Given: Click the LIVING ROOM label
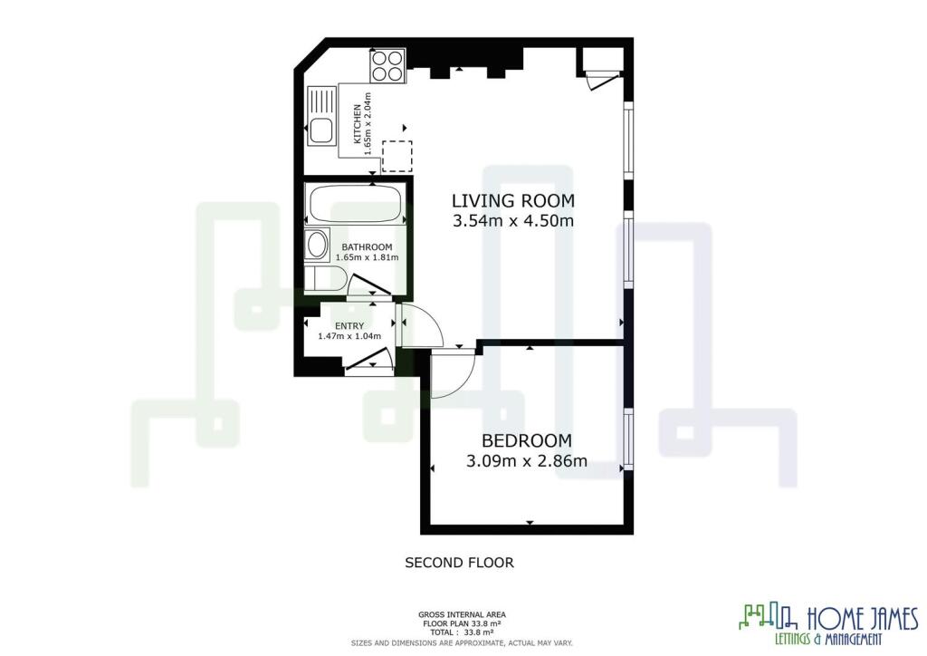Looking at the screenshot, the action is [x=513, y=200].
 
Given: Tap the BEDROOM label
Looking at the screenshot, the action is [x=527, y=440].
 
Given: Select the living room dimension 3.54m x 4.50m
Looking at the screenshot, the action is [x=513, y=221].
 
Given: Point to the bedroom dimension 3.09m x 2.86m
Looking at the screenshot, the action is [x=527, y=461].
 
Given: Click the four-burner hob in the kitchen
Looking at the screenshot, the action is [x=387, y=65].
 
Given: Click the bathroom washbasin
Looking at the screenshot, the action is [x=318, y=245].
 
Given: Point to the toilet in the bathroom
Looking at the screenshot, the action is [x=325, y=278].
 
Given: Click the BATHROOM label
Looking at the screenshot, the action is [x=367, y=247].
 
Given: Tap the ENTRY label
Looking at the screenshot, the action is [x=349, y=326].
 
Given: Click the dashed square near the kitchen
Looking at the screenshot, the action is [x=397, y=156].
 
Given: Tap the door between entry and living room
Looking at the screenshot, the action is [x=420, y=324].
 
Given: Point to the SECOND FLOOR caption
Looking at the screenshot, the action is [x=459, y=563].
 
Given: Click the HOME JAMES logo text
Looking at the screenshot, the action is [x=863, y=619].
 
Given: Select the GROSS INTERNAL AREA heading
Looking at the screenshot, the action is [x=462, y=614].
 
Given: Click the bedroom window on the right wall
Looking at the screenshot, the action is [x=628, y=439].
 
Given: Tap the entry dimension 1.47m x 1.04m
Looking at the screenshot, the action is [x=349, y=336].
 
